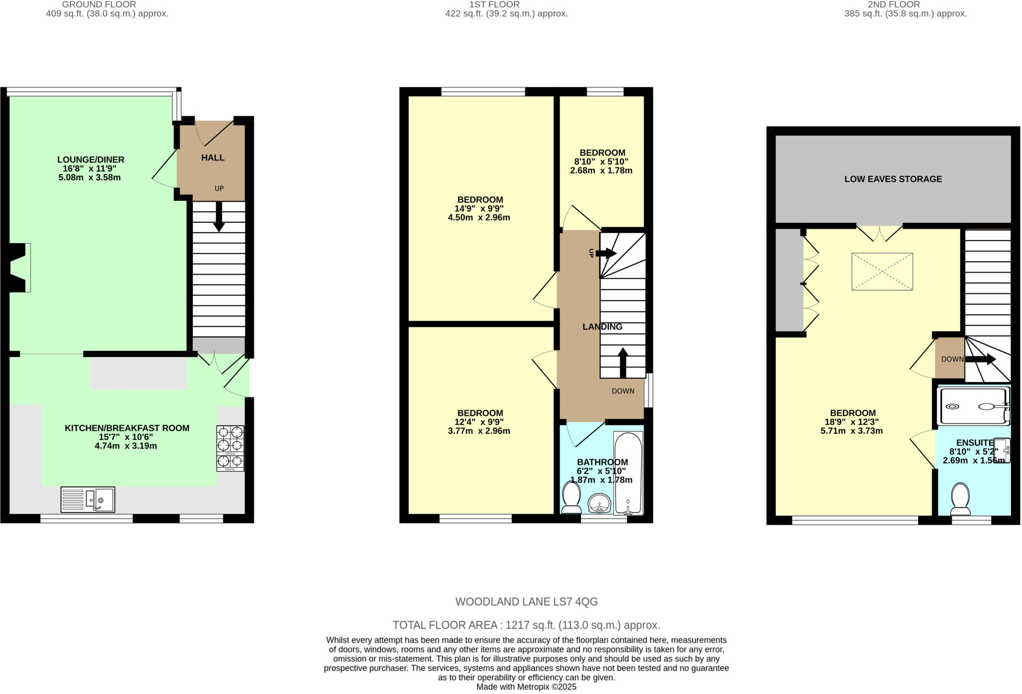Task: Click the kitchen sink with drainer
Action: tap(88, 499)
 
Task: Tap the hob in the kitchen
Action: tap(230, 448)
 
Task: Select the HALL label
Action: tap(213, 158)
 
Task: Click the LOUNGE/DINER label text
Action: tap(90, 160)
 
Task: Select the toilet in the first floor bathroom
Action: tap(571, 497)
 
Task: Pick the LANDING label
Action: tap(602, 327)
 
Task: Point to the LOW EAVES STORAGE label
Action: tap(893, 179)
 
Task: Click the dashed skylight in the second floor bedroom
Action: tap(882, 272)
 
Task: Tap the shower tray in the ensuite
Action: tap(973, 406)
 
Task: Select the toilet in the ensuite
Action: tap(960, 498)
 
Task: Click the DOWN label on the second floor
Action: tap(952, 359)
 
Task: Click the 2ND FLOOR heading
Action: tap(894, 4)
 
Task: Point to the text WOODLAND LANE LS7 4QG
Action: tap(526, 602)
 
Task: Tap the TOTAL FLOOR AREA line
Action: tap(526, 625)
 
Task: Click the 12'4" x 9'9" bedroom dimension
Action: tap(479, 422)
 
